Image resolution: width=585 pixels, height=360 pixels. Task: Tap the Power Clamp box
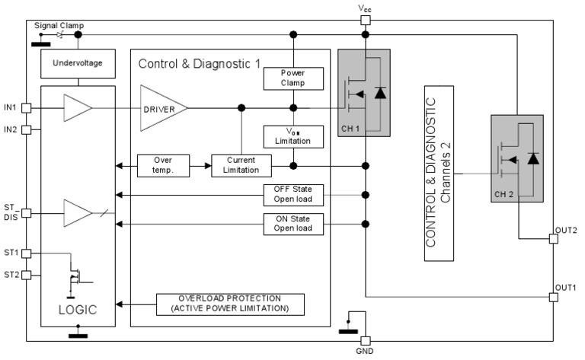(x=294, y=78)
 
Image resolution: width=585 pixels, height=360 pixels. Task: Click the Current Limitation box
(x=241, y=165)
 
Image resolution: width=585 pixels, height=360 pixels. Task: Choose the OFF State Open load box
(x=294, y=195)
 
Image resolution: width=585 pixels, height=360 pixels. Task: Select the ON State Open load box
(x=294, y=224)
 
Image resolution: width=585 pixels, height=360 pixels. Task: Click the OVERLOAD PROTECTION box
(x=230, y=304)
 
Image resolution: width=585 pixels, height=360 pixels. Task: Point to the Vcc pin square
(x=366, y=21)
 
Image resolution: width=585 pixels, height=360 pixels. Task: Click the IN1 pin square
(x=26, y=108)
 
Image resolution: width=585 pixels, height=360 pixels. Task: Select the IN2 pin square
(x=26, y=130)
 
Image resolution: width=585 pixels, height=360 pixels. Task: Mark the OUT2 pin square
(x=554, y=238)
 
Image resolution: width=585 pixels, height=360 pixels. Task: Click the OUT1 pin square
(x=554, y=297)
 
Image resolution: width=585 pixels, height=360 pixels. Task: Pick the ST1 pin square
(x=26, y=253)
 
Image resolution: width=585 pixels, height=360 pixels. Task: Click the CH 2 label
(x=505, y=193)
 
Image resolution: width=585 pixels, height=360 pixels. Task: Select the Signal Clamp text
(x=56, y=25)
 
